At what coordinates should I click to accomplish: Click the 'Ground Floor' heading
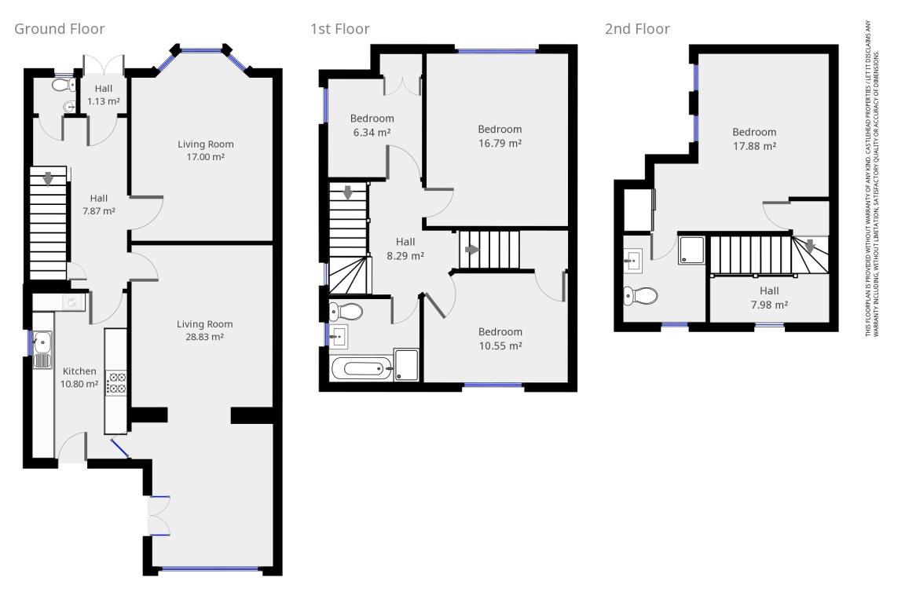[x=60, y=29]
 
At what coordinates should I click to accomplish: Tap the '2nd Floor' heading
[x=637, y=29]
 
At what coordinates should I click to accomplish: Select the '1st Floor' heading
[x=340, y=29]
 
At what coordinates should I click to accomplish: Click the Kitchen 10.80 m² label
[x=79, y=378]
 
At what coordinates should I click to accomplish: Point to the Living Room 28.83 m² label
[x=205, y=331]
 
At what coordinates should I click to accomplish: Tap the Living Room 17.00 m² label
[x=206, y=151]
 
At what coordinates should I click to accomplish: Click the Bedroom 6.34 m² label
[x=372, y=125]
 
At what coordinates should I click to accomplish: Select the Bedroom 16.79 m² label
[x=500, y=136]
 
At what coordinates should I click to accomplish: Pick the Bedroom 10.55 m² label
[x=500, y=338]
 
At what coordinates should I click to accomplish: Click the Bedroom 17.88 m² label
[x=754, y=139]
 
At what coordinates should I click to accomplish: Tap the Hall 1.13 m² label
[x=104, y=95]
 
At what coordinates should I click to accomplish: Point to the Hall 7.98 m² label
[x=769, y=298]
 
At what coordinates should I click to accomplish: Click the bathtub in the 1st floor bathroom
[x=362, y=368]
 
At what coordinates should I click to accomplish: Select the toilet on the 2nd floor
[x=640, y=296]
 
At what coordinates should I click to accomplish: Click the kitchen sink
[x=42, y=349]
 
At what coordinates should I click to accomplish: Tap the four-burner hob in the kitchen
[x=116, y=383]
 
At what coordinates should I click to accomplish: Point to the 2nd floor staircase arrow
[x=811, y=247]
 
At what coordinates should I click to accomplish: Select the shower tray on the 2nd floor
[x=691, y=250]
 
